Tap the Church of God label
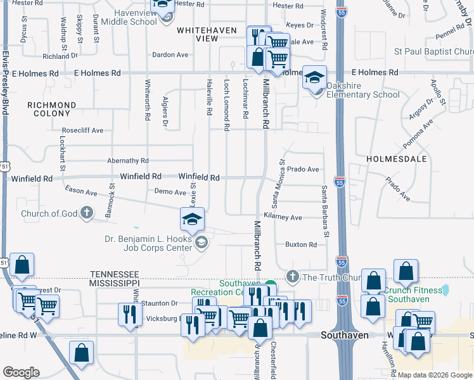click(49, 213)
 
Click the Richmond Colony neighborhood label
click(52, 109)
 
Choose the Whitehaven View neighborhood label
click(198, 34)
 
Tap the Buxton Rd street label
click(300, 244)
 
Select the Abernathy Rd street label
click(127, 161)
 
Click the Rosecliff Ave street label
click(82, 130)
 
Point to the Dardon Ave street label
click(170, 55)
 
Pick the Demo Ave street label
click(170, 192)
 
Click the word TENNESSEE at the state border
click(115, 274)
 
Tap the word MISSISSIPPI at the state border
click(115, 282)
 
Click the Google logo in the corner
click(21, 372)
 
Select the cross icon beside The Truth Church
click(292, 276)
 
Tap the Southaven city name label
click(345, 335)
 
